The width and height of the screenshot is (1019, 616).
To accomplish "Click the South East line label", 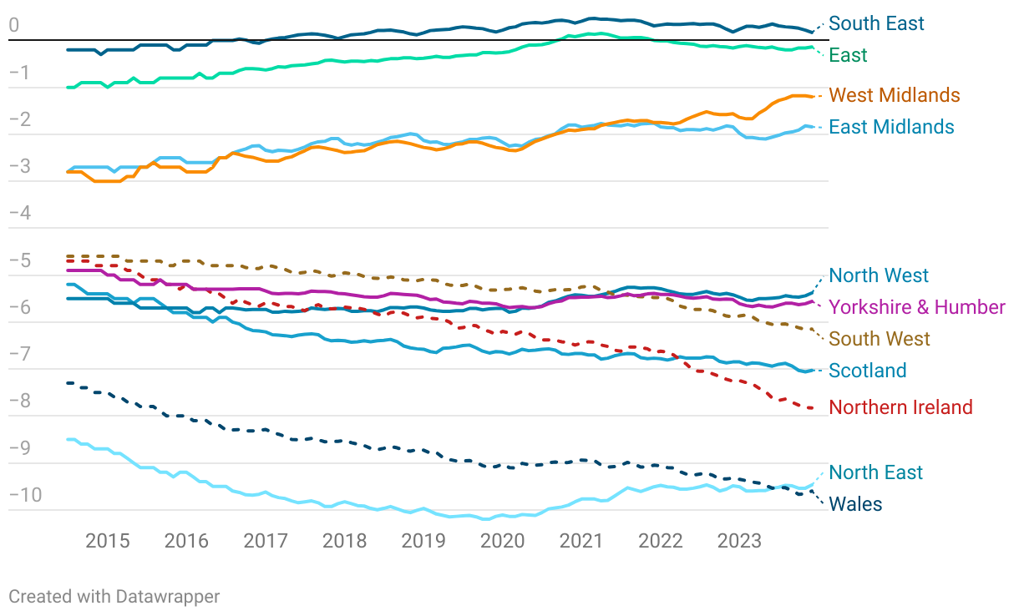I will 876,23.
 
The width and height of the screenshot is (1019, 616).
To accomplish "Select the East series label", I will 848,55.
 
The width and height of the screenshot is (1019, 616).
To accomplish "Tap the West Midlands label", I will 894,95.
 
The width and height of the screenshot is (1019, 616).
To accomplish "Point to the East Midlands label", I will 891,127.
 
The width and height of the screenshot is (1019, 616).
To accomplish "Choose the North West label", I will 879,275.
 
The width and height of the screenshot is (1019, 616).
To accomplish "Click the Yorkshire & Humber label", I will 917,307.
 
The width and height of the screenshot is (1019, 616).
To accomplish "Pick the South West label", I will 880,339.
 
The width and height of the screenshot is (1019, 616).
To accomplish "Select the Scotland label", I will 868,371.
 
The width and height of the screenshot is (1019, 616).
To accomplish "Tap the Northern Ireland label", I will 900,407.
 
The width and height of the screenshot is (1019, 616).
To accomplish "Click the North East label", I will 875,472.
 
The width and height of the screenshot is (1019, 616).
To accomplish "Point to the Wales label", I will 855,504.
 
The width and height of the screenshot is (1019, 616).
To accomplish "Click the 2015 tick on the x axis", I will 108,541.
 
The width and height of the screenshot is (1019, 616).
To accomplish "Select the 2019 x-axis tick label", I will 423,541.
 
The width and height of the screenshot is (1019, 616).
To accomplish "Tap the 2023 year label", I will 739,541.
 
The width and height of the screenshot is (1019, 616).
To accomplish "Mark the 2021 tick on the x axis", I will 581,541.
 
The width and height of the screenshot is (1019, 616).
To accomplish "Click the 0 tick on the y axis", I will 13,26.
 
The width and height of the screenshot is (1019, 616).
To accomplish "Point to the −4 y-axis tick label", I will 18,214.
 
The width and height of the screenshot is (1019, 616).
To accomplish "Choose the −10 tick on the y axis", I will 24,496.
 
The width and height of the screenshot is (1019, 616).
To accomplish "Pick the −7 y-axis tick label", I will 18,355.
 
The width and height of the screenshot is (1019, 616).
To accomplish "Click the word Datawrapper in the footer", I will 168,597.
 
